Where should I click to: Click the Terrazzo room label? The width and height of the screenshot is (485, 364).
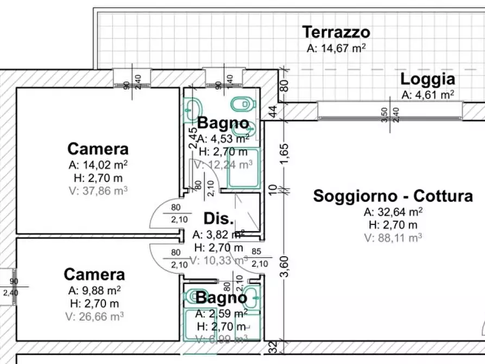(336, 32)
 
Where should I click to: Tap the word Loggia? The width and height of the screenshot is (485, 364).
(427, 79)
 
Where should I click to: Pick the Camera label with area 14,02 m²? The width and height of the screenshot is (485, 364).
(98, 149)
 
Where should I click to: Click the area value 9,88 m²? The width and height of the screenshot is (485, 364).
(94, 290)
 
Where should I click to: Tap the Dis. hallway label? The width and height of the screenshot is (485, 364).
(218, 219)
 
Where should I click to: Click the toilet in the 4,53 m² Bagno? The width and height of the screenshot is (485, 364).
(241, 103)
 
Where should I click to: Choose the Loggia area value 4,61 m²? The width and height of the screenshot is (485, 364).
(427, 95)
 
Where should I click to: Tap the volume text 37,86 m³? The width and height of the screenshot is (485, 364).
(98, 190)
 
